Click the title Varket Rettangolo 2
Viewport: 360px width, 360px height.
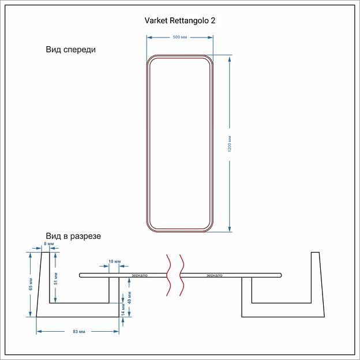coord(180,20)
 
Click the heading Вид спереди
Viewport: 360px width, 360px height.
coord(71,50)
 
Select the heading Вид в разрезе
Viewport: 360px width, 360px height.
coord(74,237)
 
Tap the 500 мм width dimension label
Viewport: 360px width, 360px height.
coord(180,37)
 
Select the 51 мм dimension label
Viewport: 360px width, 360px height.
coord(56,278)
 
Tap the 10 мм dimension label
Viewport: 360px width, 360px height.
coord(114,262)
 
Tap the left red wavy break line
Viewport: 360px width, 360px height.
coord(168,275)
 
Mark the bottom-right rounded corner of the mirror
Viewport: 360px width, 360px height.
coord(209,227)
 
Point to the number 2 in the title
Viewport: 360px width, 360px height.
coord(213,20)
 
